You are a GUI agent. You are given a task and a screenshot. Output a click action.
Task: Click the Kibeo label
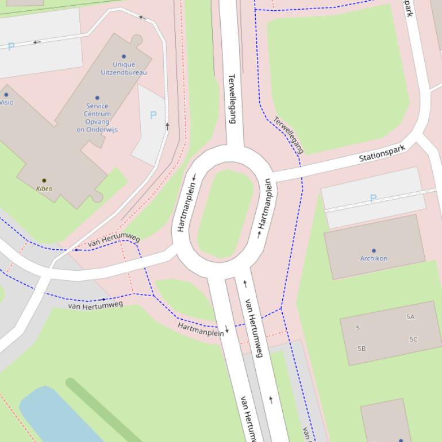44,188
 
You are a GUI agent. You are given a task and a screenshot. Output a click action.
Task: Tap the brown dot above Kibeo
44,181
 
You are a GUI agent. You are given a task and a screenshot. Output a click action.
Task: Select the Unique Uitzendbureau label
124,69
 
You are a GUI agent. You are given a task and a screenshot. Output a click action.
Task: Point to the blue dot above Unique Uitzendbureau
124,57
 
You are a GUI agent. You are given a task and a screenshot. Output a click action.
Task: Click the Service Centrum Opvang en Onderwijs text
97,118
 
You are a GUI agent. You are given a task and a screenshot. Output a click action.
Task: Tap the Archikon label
374,258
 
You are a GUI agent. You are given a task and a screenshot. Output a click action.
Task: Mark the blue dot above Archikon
374,251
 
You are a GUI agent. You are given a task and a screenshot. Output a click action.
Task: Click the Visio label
6,103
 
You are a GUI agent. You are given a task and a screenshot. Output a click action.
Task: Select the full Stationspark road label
382,153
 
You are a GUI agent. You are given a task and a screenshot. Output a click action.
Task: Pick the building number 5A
410,317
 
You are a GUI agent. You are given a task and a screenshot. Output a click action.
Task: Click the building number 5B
362,348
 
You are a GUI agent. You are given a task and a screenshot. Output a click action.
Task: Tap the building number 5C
413,339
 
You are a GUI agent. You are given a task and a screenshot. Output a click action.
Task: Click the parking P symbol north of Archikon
373,198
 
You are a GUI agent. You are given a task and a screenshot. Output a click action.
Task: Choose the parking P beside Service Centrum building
153,115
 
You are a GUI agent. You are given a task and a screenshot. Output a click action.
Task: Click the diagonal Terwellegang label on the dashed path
289,135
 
